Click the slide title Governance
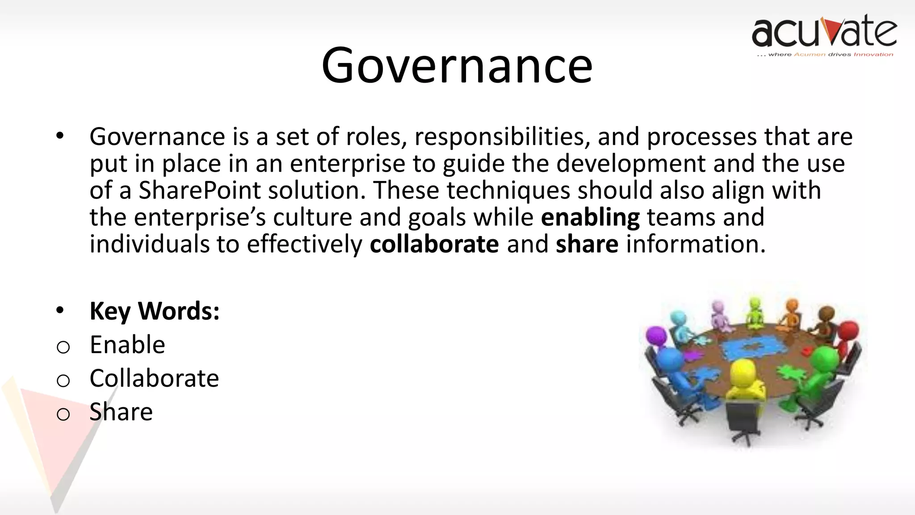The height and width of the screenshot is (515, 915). click(x=457, y=66)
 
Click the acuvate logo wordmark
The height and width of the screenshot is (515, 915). click(x=824, y=31)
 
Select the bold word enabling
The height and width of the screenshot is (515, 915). click(x=590, y=218)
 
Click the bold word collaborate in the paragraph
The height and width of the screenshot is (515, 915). click(x=434, y=245)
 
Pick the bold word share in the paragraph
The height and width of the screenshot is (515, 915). click(x=587, y=245)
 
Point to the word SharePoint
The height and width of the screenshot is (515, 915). click(x=199, y=191)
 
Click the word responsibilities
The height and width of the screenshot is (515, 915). click(x=499, y=137)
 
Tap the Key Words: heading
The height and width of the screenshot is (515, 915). click(x=155, y=311)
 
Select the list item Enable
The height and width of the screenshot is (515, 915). click(x=127, y=345)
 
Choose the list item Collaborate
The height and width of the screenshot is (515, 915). click(x=154, y=378)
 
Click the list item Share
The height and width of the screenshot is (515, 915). click(x=121, y=412)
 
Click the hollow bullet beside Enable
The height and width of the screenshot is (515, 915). click(x=63, y=347)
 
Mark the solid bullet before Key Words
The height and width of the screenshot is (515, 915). click(x=60, y=310)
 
